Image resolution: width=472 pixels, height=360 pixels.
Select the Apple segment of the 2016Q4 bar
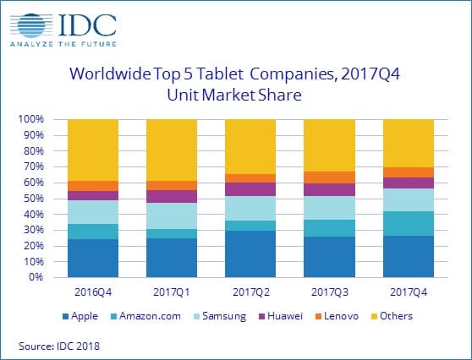click(x=92, y=258)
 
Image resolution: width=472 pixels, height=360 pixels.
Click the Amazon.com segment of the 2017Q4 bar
click(x=409, y=223)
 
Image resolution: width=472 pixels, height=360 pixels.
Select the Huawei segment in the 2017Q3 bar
click(x=329, y=189)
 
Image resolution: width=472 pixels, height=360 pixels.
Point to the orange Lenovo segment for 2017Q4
click(x=409, y=172)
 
